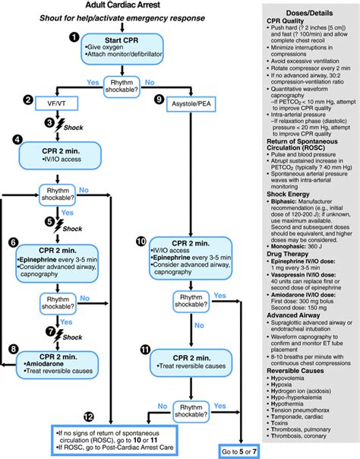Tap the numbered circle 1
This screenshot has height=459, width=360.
74,36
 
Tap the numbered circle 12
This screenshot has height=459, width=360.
90,417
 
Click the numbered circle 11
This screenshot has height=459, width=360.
144,349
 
